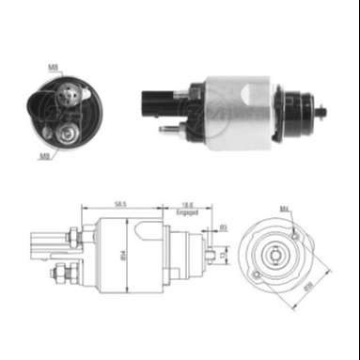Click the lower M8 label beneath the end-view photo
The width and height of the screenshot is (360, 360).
coord(44,156)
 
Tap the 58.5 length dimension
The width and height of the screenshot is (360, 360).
coord(120,203)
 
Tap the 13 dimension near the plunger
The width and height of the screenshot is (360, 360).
coord(219,252)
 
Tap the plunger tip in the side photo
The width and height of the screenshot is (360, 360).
coord(321,112)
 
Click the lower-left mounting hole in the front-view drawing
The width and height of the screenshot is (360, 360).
coord(256,274)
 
